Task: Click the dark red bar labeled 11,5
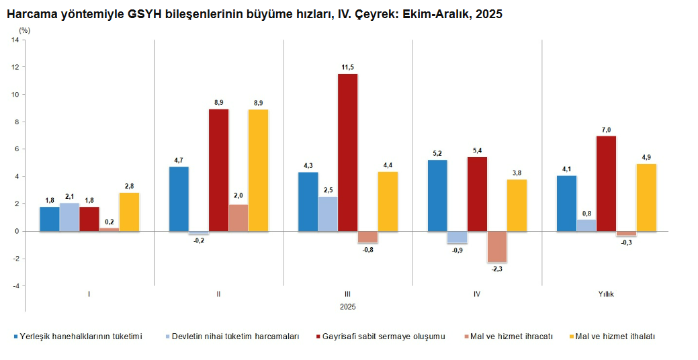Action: [347, 152]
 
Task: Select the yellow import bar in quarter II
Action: [258, 170]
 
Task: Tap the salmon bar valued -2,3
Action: [497, 246]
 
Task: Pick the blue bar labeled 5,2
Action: [437, 195]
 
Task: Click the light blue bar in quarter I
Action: [70, 217]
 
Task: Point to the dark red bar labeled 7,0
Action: [606, 183]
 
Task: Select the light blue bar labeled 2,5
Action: [328, 214]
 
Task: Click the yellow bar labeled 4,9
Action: [646, 197]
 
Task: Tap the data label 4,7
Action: [179, 160]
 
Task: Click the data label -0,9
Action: [457, 251]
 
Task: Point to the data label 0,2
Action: [109, 221]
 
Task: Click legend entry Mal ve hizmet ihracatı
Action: [512, 336]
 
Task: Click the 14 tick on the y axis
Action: [15, 40]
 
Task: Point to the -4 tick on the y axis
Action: [15, 286]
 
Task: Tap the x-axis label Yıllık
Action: [607, 294]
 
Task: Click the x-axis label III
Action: [347, 294]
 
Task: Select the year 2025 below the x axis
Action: [347, 306]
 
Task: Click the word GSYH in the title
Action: [144, 13]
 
